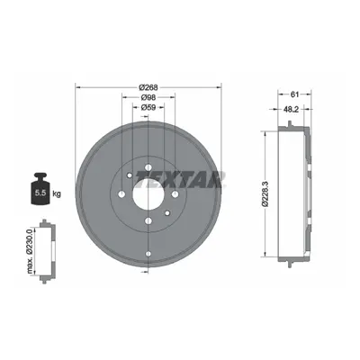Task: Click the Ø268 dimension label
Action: [x=148, y=87]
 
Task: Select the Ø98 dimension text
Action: [x=148, y=97]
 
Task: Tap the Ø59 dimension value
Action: [x=148, y=107]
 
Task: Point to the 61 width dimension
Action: [x=294, y=94]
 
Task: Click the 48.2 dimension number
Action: [x=291, y=110]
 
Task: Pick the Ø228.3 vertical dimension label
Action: [x=265, y=193]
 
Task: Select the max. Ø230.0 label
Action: [x=30, y=251]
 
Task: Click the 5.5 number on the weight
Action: [x=40, y=193]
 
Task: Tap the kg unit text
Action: [x=57, y=193]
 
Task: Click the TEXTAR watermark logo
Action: [x=180, y=180]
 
